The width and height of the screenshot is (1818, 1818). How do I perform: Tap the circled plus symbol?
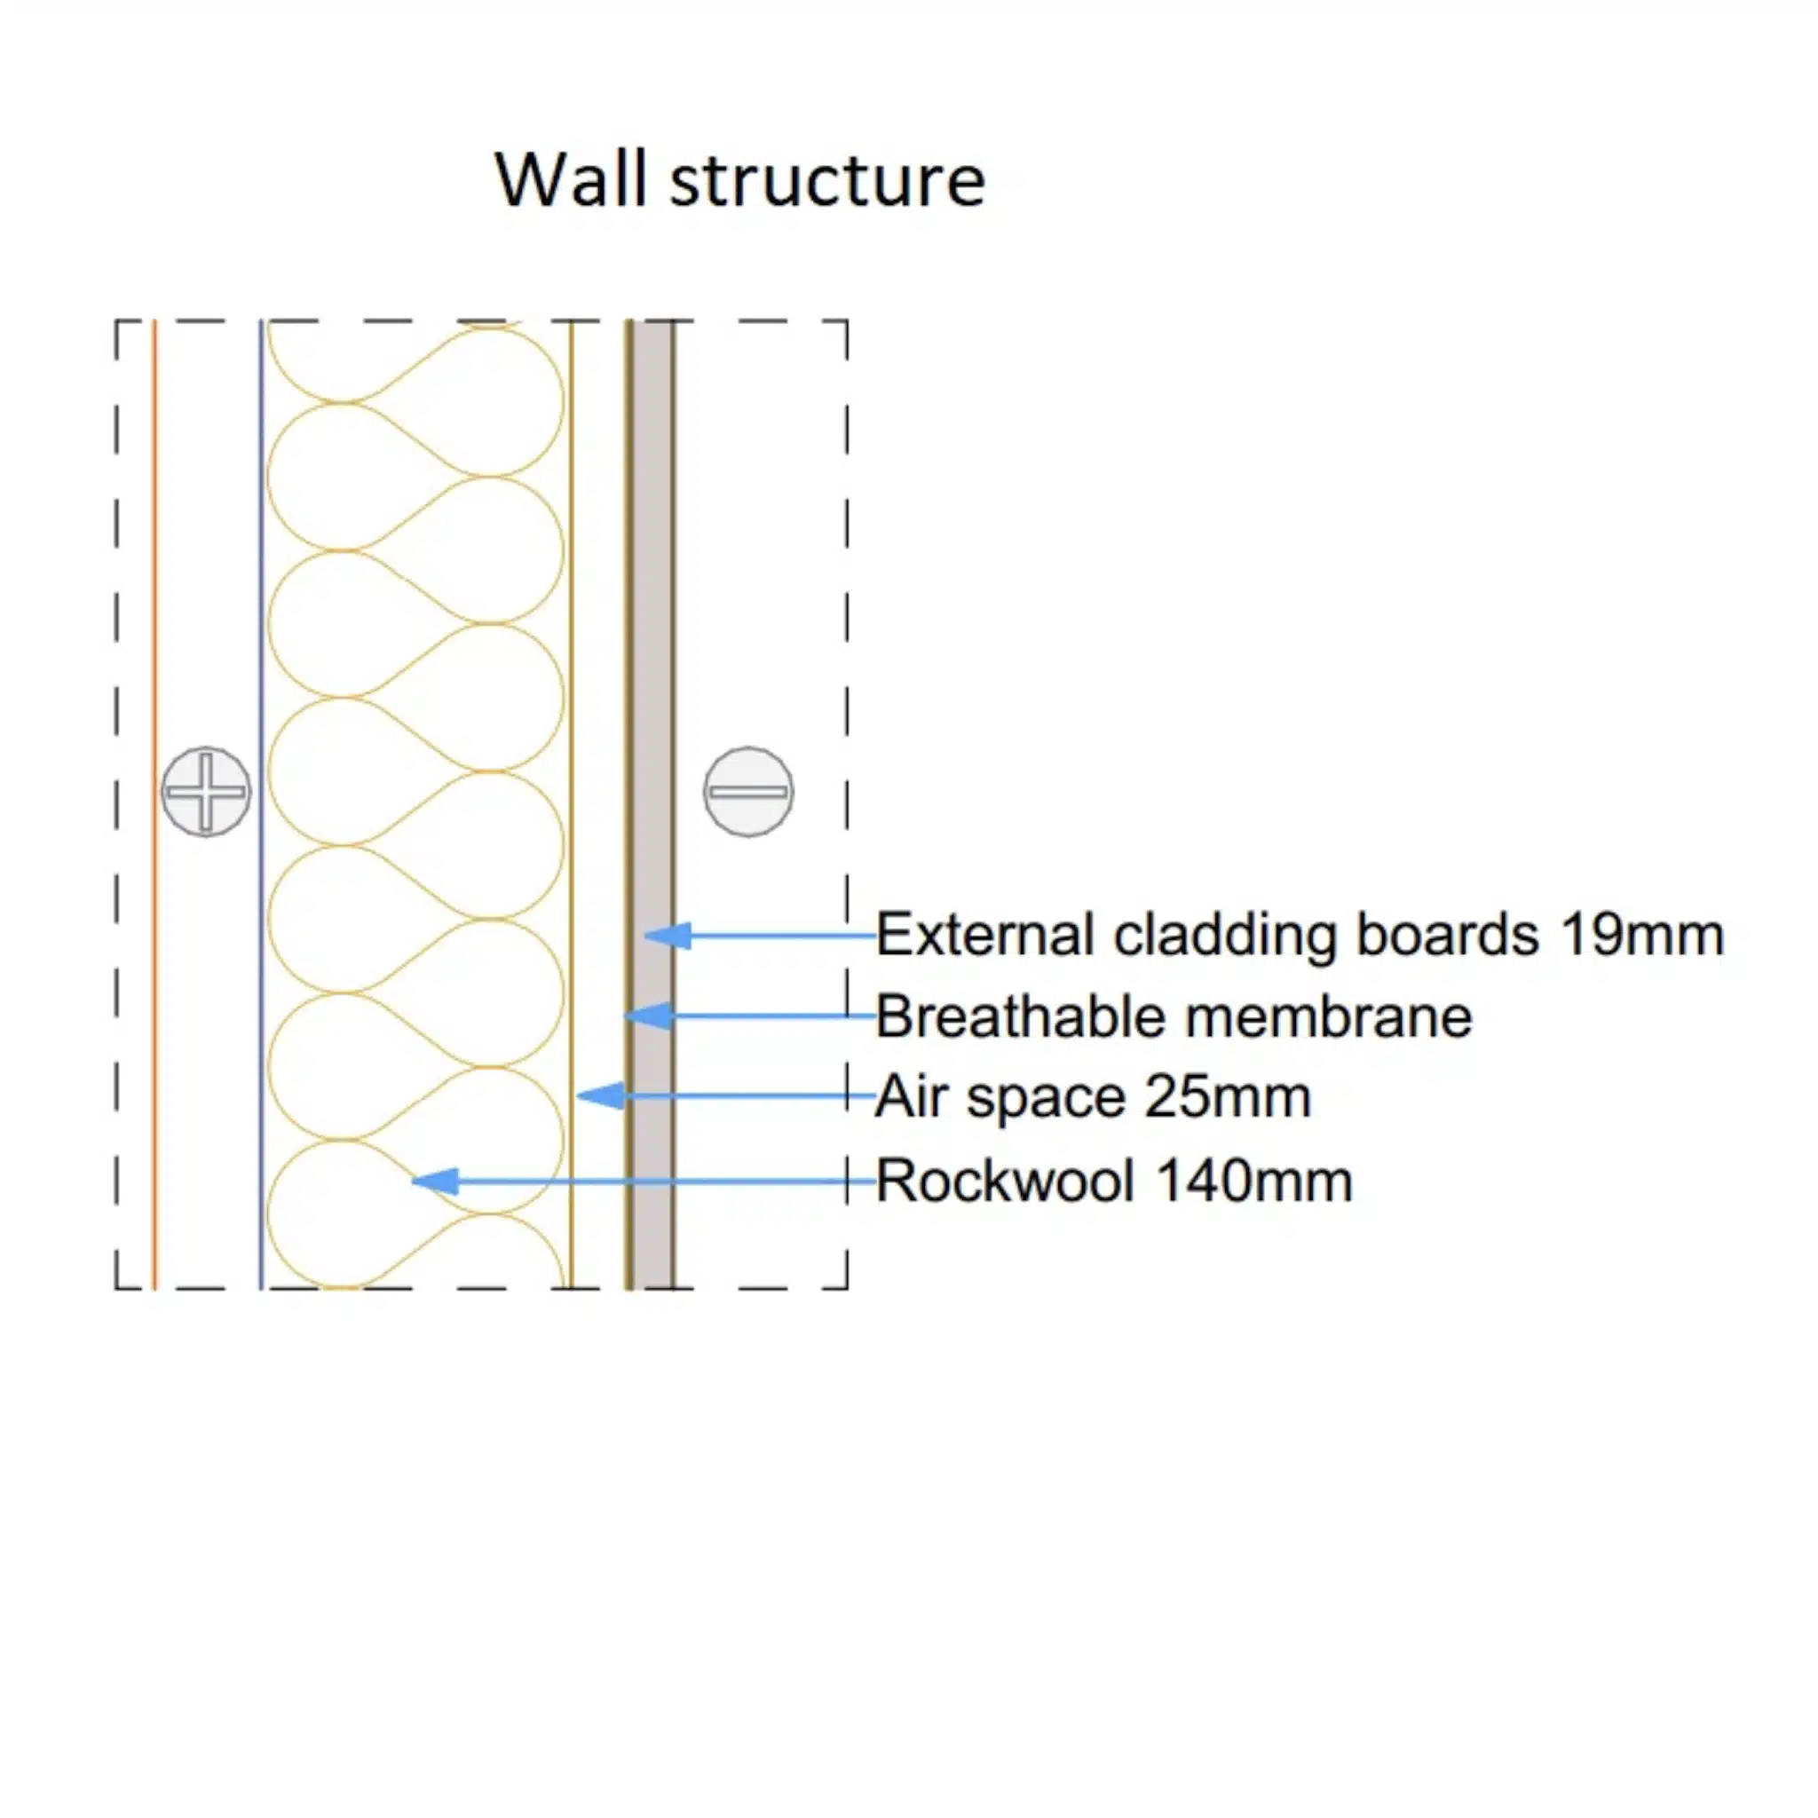[x=206, y=791]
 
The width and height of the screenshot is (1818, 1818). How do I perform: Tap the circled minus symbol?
[x=748, y=791]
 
